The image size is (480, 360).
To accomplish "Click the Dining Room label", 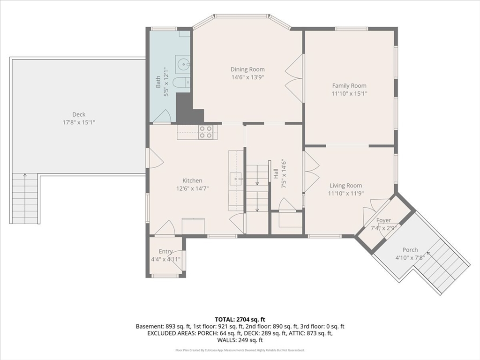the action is tap(247, 69).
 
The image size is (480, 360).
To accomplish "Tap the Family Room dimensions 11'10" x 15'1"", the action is tap(349, 94).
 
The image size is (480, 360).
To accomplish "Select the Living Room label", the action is tap(345, 186).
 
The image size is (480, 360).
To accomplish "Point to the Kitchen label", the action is tap(192, 180).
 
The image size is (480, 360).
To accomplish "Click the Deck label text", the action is tap(79, 114).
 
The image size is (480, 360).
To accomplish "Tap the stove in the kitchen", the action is tap(205, 133).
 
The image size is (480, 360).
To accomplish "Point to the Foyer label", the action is tap(383, 220).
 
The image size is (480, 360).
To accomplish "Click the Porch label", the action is tap(410, 250).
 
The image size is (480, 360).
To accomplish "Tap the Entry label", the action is tap(165, 252).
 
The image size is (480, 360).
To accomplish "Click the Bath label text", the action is tap(158, 82).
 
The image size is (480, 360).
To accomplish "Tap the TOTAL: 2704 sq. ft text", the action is tap(240, 320).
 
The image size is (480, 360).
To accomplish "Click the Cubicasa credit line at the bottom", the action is tap(240, 350).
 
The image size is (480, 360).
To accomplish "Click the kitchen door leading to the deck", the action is tap(155, 158).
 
